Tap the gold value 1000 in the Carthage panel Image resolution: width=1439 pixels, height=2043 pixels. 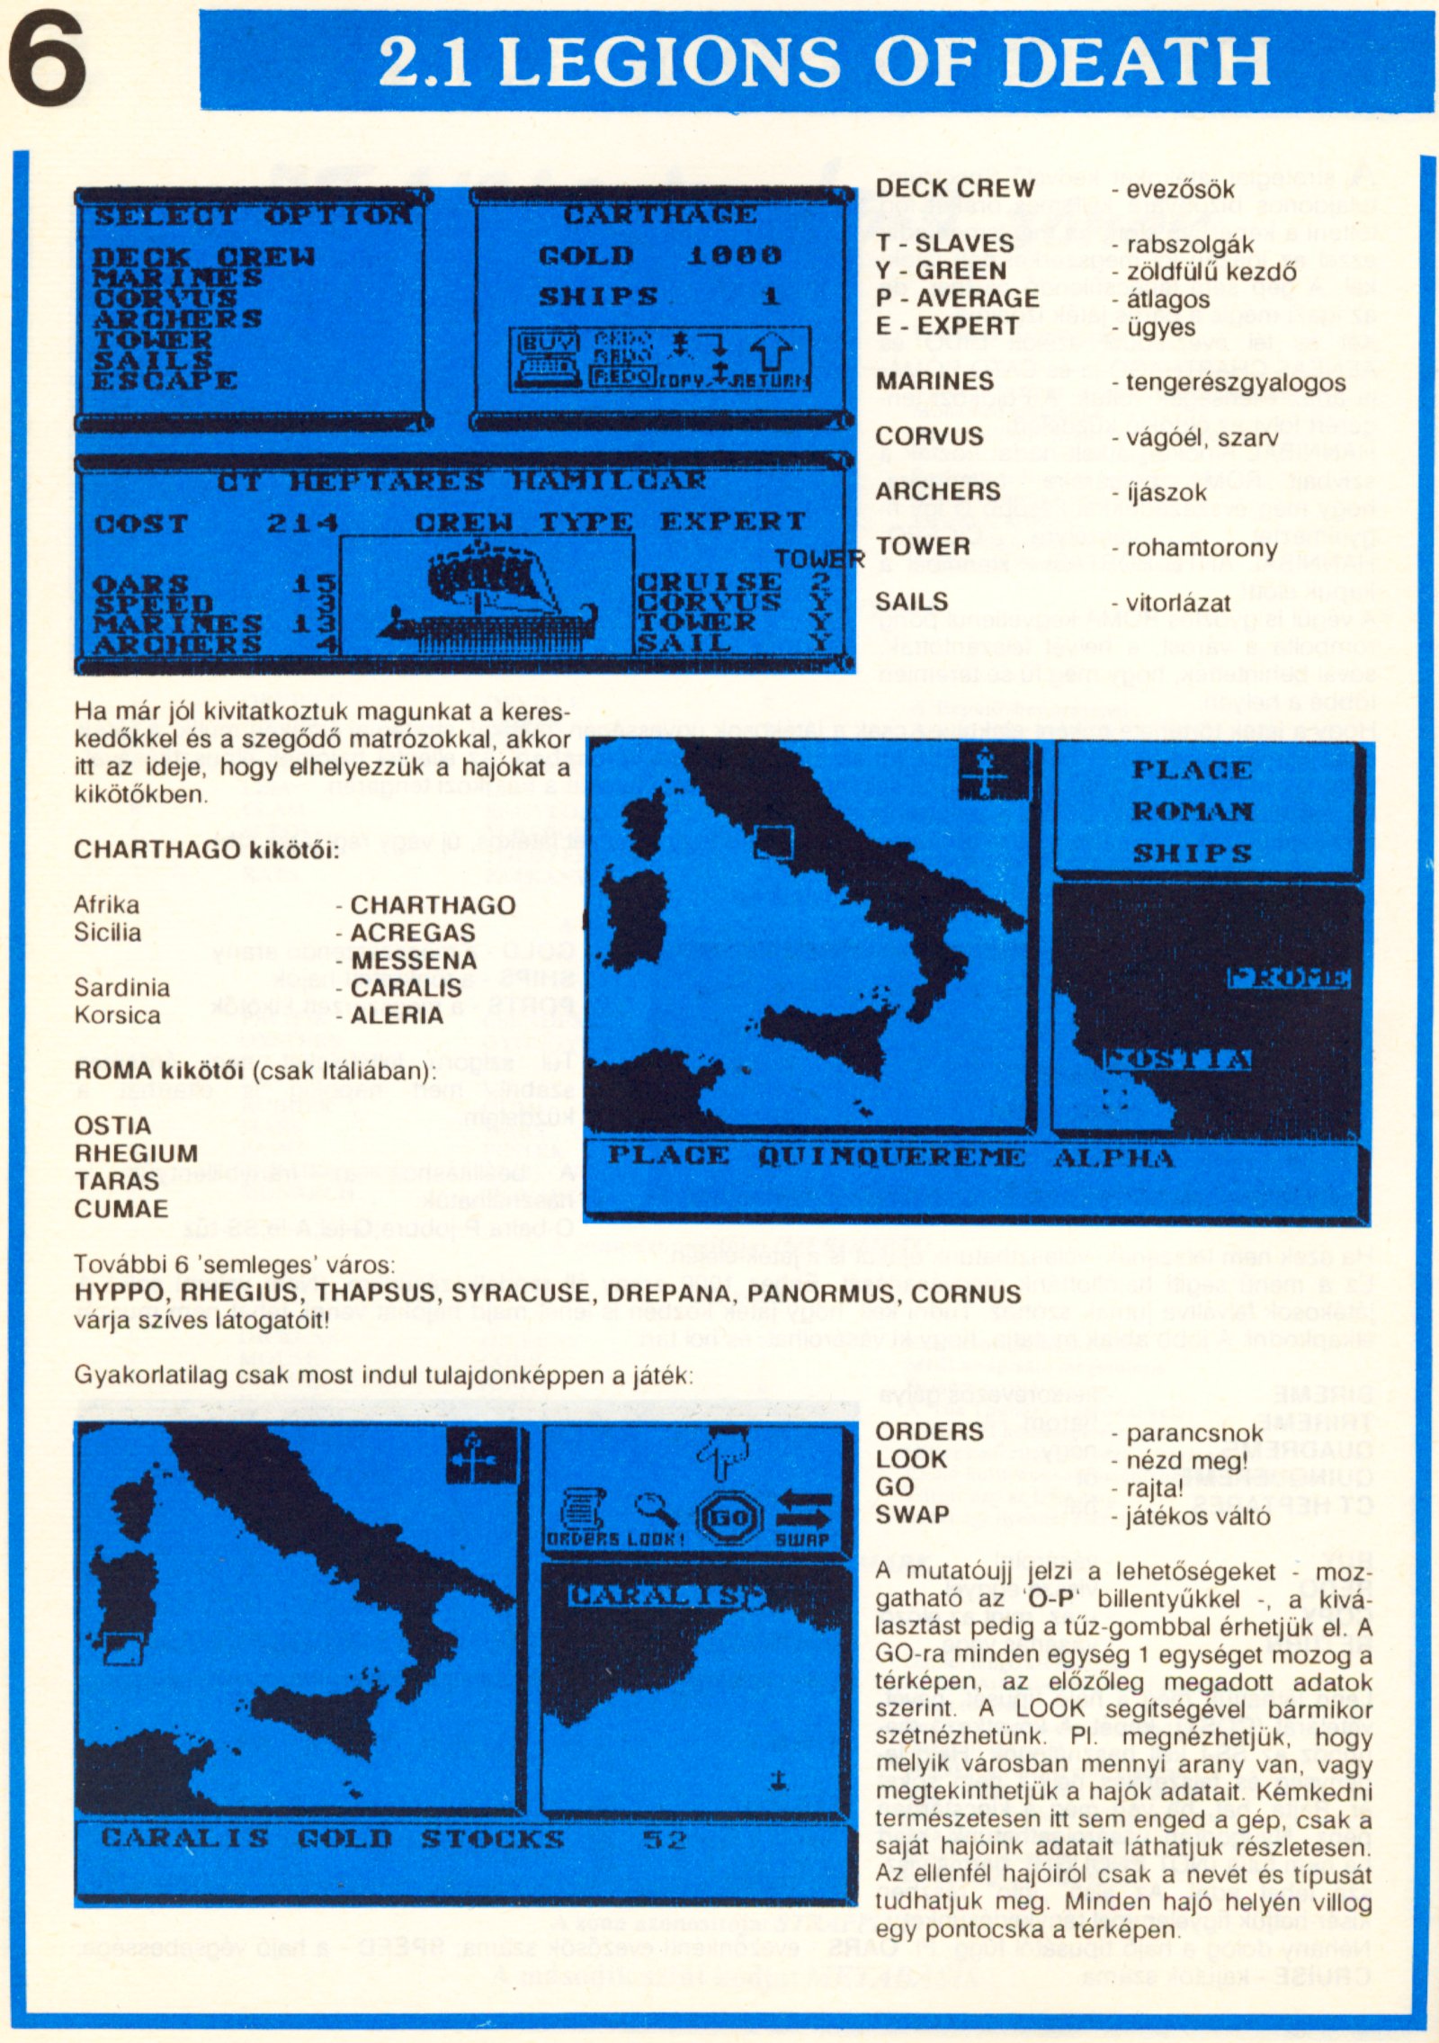[x=734, y=255]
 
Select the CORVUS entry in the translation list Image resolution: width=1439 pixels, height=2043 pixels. [x=929, y=436]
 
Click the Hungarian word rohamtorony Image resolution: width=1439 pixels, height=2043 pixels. [x=1201, y=548]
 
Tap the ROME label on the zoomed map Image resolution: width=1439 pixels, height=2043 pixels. [x=1288, y=979]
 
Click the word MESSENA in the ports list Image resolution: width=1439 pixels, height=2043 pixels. [x=414, y=961]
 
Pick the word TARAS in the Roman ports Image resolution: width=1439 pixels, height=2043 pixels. [x=104, y=1180]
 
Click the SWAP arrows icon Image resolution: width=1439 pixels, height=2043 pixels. [x=803, y=1516]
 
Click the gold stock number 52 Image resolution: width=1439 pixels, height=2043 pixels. [x=664, y=1840]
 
